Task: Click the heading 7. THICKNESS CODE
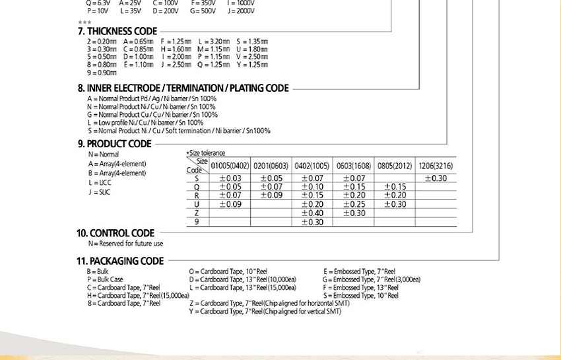click(117, 31)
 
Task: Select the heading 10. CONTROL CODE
click(115, 233)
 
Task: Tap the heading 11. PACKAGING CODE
click(120, 261)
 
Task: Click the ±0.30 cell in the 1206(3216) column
click(436, 178)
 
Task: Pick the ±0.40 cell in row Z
click(312, 213)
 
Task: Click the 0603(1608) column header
click(353, 166)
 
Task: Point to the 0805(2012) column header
click(395, 166)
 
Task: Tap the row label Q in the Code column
click(197, 187)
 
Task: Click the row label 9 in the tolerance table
click(197, 222)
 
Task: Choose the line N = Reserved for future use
click(125, 244)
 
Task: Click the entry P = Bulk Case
click(105, 279)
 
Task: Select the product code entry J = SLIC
click(99, 192)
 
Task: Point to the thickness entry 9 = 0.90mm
click(102, 73)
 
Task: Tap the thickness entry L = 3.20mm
click(214, 42)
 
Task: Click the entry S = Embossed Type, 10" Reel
click(360, 296)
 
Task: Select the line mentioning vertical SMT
click(265, 311)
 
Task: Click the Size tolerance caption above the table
click(205, 153)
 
